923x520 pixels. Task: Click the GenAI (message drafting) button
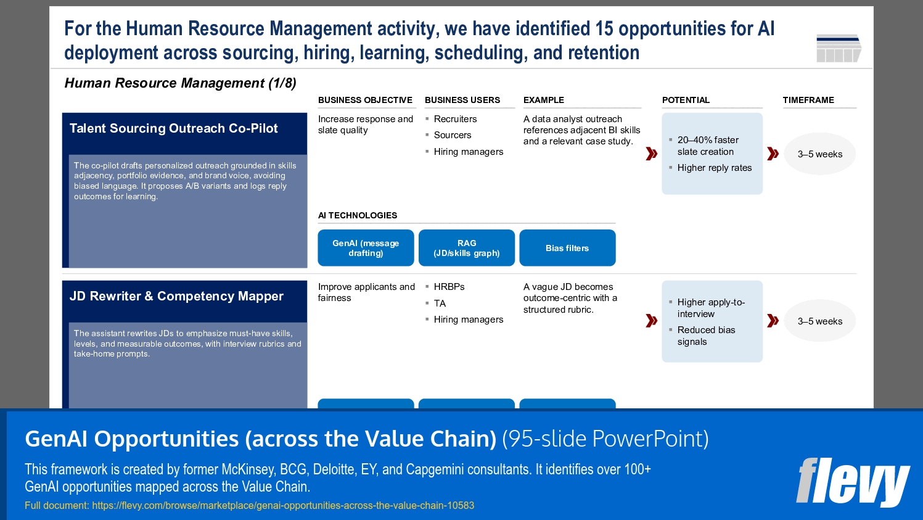tap(366, 248)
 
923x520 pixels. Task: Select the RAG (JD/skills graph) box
tap(466, 248)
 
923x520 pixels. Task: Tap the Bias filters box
tap(567, 248)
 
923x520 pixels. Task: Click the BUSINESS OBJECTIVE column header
tap(365, 100)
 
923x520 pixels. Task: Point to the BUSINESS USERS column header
tap(462, 100)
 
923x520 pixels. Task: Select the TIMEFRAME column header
tap(808, 100)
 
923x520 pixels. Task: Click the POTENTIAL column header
tap(686, 100)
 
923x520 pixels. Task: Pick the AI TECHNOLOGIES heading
tap(358, 215)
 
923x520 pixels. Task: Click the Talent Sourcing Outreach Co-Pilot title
tap(174, 128)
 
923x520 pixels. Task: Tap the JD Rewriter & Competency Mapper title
tap(176, 296)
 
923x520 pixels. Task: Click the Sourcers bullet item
tap(452, 135)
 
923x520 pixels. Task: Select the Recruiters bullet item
tap(455, 119)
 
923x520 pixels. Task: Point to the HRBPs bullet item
tap(449, 287)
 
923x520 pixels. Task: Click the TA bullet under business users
tap(440, 303)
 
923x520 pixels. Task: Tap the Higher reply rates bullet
tap(714, 168)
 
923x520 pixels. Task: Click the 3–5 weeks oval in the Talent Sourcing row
tap(819, 154)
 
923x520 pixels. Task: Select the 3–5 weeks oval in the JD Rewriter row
tap(819, 321)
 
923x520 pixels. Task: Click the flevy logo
tap(853, 482)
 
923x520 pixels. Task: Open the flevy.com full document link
tap(283, 505)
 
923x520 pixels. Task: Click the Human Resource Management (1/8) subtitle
tap(180, 83)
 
